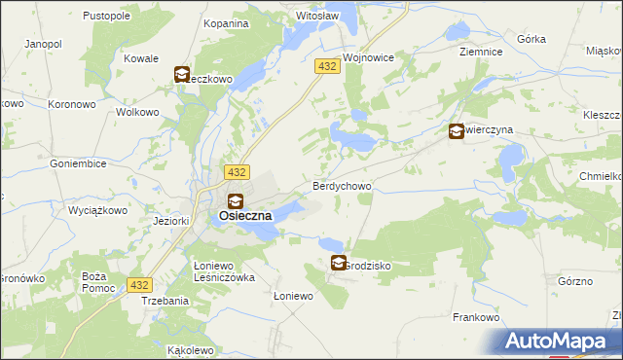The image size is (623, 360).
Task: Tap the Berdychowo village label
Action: coord(341,185)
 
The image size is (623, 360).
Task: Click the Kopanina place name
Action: coord(225,22)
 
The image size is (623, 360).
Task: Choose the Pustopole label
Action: coord(107,17)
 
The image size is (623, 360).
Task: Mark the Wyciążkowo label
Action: coord(98,209)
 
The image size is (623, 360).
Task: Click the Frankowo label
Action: coord(476,317)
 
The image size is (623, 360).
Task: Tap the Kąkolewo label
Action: coord(190,349)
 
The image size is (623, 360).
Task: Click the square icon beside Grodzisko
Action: coord(338,263)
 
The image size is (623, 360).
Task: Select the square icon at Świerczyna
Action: coord(456,132)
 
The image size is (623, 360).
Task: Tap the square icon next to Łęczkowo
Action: coord(182,74)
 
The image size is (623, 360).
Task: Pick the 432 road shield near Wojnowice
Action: coord(326,65)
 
